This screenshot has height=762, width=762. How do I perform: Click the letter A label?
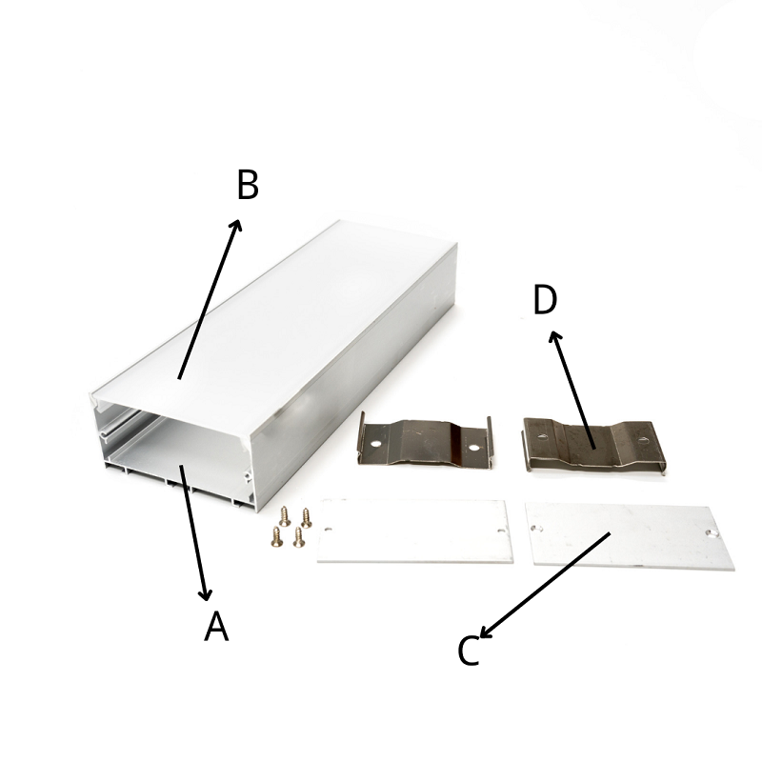pyautogui.click(x=216, y=626)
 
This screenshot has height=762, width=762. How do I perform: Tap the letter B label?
pyautogui.click(x=248, y=185)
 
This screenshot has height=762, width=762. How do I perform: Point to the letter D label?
pyautogui.click(x=545, y=299)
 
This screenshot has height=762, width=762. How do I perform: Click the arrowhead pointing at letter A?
pyautogui.click(x=206, y=592)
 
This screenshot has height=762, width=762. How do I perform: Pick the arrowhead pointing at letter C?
pyautogui.click(x=487, y=631)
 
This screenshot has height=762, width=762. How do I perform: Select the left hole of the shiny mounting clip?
pyautogui.click(x=374, y=444)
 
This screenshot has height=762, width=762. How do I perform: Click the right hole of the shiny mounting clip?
pyautogui.click(x=473, y=448)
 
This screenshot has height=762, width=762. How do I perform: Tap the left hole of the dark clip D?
pyautogui.click(x=542, y=436)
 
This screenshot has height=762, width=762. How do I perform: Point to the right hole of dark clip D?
pyautogui.click(x=643, y=441)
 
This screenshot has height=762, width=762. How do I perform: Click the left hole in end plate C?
pyautogui.click(x=537, y=528)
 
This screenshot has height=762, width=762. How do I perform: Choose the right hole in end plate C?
pyautogui.click(x=712, y=533)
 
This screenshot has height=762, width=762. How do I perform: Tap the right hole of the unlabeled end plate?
pyautogui.click(x=501, y=531)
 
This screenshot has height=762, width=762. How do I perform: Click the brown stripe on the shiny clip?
pyautogui.click(x=456, y=443)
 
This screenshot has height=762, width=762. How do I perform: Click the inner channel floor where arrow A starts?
pyautogui.click(x=181, y=466)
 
